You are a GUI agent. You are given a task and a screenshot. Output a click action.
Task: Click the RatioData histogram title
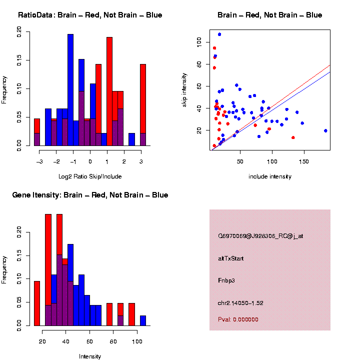pos(90,15)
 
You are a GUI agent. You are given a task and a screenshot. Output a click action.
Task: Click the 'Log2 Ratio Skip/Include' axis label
pos(90,176)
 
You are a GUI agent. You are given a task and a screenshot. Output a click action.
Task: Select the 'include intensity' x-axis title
pos(270,176)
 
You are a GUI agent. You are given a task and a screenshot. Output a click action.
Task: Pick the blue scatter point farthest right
pos(325,130)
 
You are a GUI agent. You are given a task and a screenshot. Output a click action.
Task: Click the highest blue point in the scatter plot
pos(219,34)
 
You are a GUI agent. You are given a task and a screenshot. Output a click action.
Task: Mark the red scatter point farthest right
pos(293,137)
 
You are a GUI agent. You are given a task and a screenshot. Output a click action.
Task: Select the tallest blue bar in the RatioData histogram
pos(70,90)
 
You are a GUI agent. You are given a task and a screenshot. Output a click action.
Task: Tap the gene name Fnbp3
pos(226,280)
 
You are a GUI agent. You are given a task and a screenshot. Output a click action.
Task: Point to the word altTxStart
pos(231,258)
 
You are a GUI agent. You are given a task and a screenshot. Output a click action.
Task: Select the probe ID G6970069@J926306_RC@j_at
pos(260,236)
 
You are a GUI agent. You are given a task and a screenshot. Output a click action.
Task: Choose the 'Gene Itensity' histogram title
pos(90,195)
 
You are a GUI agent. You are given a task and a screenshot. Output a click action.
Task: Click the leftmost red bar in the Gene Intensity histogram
pos(36,303)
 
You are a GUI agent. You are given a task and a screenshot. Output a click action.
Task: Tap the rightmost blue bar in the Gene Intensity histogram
pos(143,320)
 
